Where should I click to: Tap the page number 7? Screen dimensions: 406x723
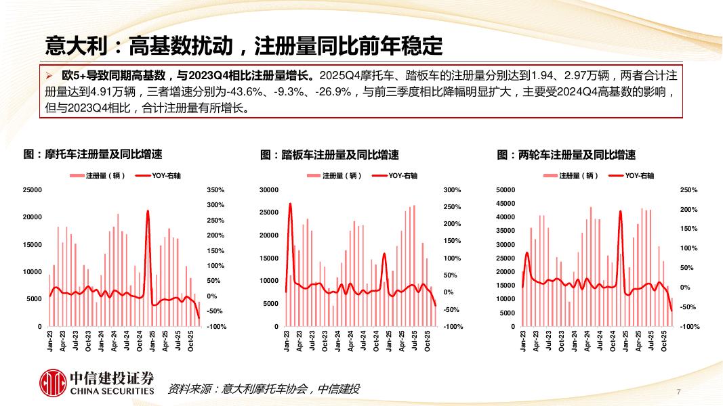678,392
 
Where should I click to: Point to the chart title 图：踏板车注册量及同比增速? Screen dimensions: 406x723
329,154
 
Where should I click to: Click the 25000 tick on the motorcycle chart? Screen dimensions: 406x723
33,190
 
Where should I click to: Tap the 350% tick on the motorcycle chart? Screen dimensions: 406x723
215,190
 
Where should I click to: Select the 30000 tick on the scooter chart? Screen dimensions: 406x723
269,190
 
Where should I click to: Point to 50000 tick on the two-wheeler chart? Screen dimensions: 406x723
505,190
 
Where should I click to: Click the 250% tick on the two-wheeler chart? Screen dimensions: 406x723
688,190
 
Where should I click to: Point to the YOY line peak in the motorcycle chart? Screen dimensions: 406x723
148,211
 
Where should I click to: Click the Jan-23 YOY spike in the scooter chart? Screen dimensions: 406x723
290,204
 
